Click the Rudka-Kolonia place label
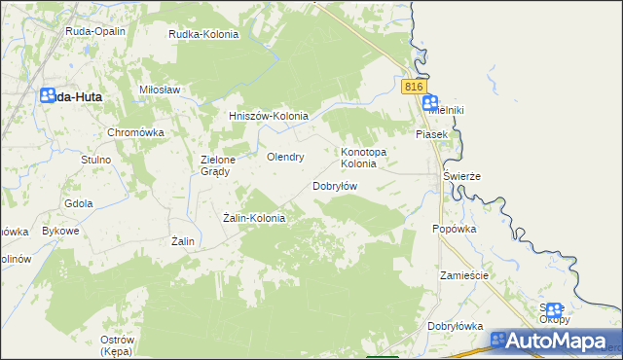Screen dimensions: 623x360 click(203, 34)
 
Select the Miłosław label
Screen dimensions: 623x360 click(161, 89)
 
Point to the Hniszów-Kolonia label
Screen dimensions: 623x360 click(268, 116)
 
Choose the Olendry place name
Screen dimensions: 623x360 click(285, 156)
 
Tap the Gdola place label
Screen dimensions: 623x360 click(78, 203)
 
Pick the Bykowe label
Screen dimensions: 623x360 click(60, 232)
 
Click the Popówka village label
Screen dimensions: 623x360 click(454, 229)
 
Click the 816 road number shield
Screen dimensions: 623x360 click(414, 87)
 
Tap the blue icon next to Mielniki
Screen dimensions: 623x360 click(430, 101)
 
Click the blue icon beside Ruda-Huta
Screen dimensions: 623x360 click(48, 95)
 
